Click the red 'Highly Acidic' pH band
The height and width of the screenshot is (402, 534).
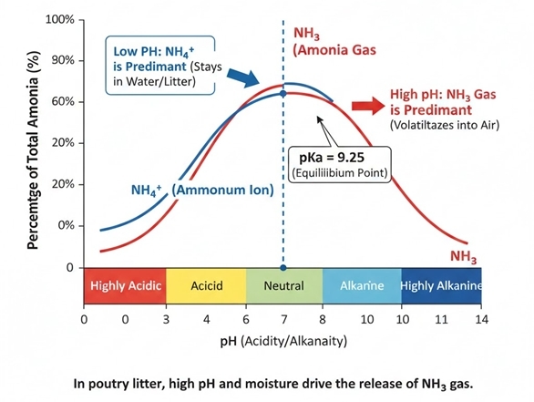tap(126, 285)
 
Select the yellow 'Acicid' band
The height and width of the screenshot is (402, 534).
tap(206, 285)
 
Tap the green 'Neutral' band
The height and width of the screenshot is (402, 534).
tap(283, 285)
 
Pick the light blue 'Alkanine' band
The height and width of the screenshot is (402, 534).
tap(362, 285)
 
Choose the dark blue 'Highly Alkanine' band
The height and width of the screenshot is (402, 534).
tap(441, 285)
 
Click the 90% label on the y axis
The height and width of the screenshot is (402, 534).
tap(61, 60)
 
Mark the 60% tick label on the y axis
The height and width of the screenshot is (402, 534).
tap(61, 101)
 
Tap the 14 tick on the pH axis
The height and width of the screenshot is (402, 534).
tap(480, 320)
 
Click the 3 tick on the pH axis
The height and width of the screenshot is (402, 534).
tap(166, 320)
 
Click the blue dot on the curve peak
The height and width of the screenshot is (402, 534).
tap(283, 94)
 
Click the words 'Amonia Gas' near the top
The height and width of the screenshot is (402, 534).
tap(334, 52)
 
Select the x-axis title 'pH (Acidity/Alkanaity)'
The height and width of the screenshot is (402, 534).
tap(282, 345)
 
